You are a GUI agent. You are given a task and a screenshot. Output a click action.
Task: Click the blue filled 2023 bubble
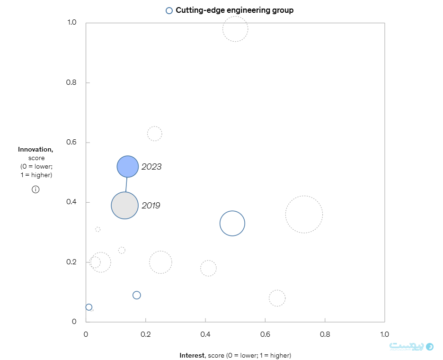[x=127, y=166]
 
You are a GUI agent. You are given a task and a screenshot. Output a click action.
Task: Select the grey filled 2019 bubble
[x=125, y=205]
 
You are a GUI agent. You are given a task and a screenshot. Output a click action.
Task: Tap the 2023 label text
[x=151, y=167]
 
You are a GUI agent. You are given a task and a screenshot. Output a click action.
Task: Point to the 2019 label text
[x=151, y=206]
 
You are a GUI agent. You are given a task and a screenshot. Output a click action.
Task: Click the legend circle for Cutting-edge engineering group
[x=169, y=10]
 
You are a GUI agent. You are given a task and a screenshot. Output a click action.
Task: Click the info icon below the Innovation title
[x=35, y=189]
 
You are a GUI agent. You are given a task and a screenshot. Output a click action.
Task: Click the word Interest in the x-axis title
[x=192, y=355]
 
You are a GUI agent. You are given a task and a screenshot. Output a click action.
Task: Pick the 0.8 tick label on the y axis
[x=71, y=83]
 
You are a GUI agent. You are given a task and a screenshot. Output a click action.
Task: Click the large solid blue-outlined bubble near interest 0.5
[x=232, y=223]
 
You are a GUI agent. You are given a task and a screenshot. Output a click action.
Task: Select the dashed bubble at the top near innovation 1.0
[x=235, y=29]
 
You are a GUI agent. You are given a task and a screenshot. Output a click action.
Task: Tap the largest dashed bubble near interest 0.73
[x=304, y=214]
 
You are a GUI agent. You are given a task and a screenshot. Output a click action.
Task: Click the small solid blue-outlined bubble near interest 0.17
[x=137, y=295]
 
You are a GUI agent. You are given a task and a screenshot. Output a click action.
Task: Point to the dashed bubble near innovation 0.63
[x=154, y=134]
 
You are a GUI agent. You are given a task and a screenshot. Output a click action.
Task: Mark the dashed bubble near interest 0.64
[x=277, y=298]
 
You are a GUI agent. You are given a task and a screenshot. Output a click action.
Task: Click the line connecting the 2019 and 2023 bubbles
[x=126, y=184]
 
